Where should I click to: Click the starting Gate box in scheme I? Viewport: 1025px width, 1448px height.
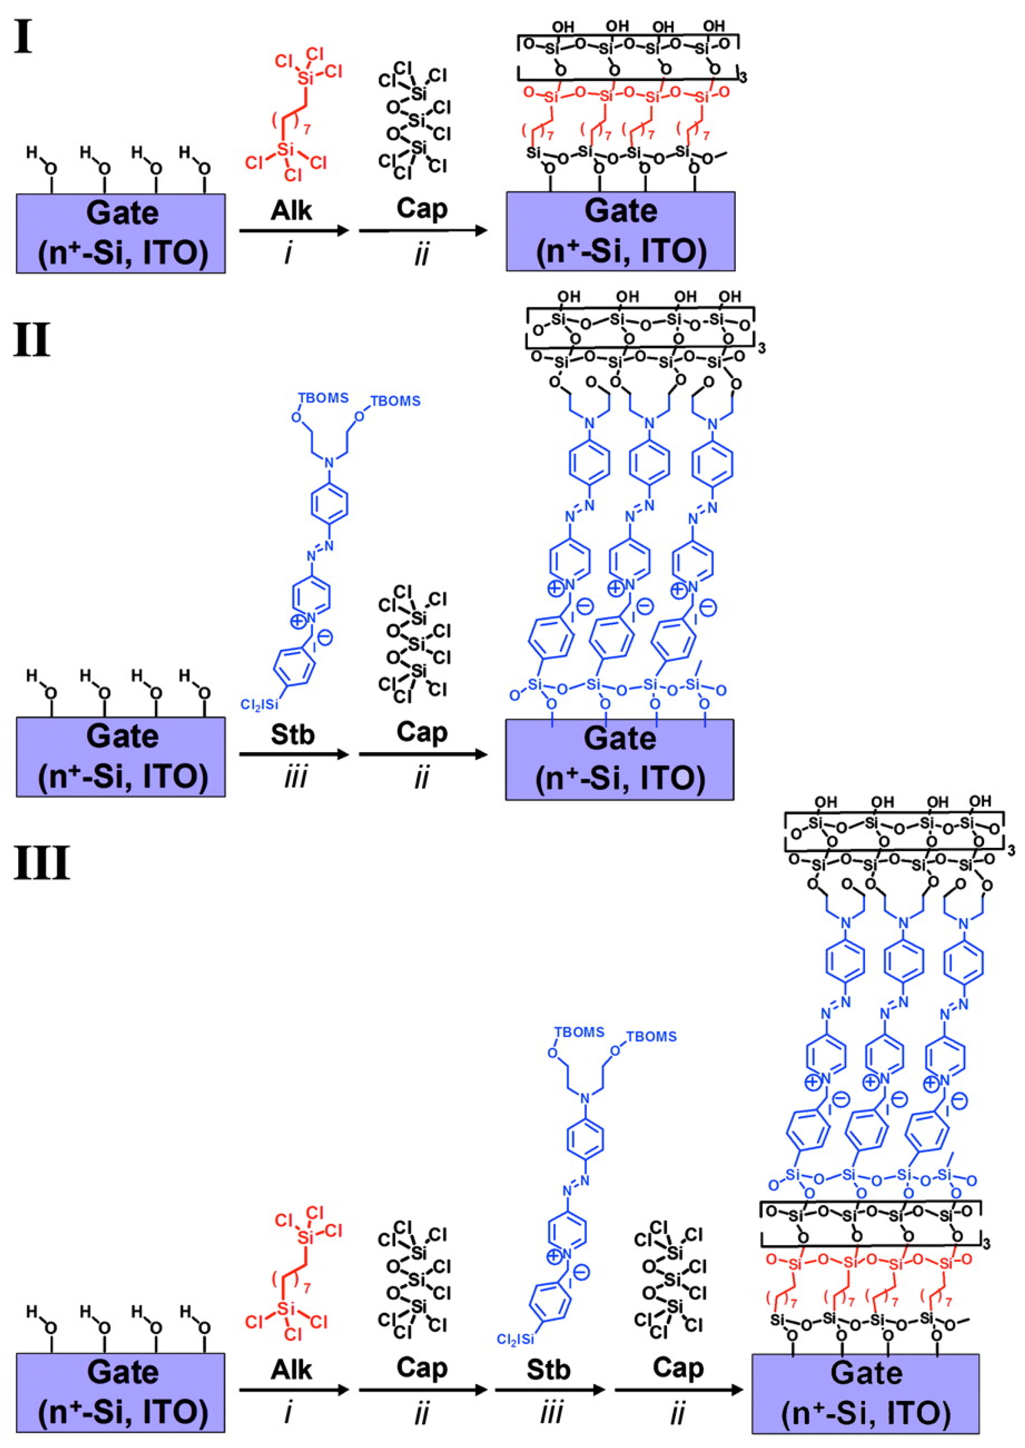(121, 233)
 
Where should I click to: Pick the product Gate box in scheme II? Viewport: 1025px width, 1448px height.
(619, 759)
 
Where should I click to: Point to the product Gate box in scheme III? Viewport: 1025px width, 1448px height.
(865, 1394)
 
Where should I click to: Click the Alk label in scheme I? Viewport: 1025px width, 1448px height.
(291, 210)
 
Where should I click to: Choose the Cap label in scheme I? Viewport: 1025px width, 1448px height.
(422, 208)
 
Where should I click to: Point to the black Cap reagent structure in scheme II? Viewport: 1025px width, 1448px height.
(415, 644)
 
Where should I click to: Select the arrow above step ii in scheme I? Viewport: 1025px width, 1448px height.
(423, 231)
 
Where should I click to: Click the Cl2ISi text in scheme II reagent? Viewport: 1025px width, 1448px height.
(259, 704)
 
